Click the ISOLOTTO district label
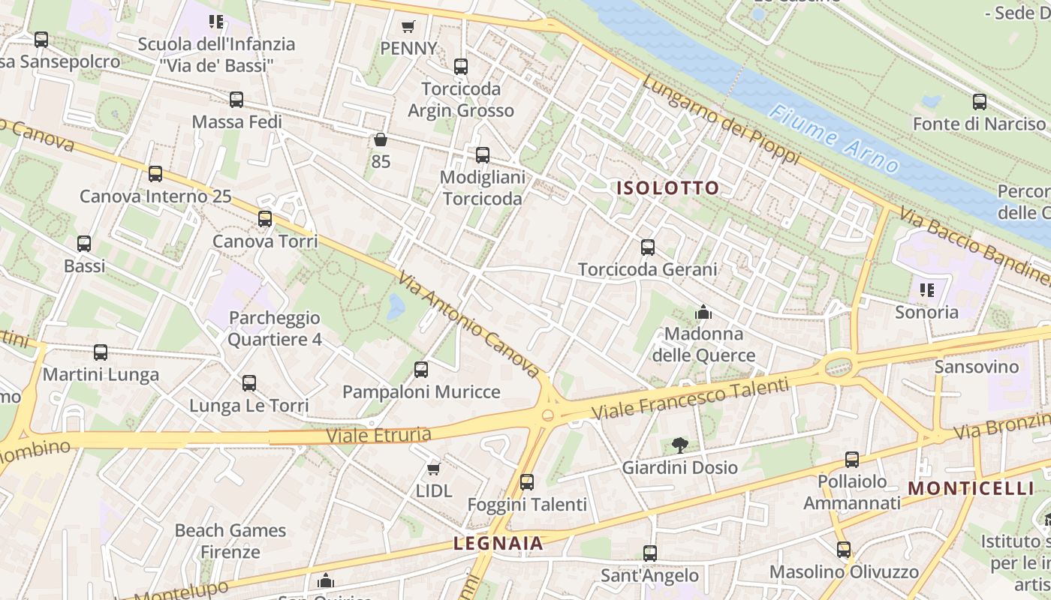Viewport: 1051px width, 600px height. pos(667,188)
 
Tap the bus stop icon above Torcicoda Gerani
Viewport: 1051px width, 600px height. pos(648,247)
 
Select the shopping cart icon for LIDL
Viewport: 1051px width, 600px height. pos(433,469)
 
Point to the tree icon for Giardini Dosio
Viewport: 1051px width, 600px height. pos(680,445)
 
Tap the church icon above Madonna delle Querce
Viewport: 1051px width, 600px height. pos(703,311)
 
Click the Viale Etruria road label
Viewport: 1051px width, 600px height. pos(379,435)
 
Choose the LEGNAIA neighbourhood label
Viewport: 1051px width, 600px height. pos(498,544)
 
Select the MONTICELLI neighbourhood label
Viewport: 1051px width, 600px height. pos(971,488)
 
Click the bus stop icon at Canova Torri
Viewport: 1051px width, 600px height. pos(265,219)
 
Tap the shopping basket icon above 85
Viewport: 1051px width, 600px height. pos(381,139)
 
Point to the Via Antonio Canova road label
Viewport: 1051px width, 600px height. pos(469,324)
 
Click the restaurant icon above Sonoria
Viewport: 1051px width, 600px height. pos(926,289)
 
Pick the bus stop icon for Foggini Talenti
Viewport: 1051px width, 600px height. pos(527,482)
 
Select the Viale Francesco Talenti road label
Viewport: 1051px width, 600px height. pos(691,399)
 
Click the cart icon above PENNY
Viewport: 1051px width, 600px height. pos(408,27)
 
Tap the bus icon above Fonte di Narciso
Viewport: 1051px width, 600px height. pos(980,101)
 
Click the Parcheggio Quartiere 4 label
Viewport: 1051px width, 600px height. pos(275,328)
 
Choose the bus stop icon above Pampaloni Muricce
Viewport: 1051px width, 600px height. pos(421,369)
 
